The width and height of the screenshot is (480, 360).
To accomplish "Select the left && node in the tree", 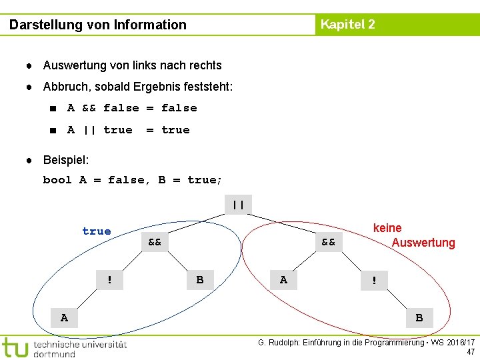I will [155, 241].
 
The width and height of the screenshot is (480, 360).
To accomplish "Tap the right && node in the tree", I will [329, 241].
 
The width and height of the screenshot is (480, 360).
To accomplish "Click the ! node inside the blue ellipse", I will [110, 280].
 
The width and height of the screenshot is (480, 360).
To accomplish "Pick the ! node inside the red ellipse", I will [375, 281].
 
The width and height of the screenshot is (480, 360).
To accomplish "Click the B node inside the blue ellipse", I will [200, 280].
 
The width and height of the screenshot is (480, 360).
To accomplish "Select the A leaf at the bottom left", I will [64, 318].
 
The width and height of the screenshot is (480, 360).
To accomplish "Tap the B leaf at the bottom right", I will [419, 318].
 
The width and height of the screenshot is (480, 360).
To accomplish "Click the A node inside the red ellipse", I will [284, 280].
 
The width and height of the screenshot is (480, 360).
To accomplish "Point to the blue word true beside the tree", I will [97, 231].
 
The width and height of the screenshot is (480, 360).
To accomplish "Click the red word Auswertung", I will [423, 243].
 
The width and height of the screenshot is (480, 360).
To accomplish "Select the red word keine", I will [387, 228].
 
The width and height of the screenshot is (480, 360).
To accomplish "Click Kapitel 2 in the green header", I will [347, 25].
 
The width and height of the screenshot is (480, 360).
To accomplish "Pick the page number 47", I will [471, 352].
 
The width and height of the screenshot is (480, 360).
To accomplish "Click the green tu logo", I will [15, 347].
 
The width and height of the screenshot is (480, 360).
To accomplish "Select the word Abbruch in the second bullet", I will [65, 87].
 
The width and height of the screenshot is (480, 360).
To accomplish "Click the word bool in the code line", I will [57, 180].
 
